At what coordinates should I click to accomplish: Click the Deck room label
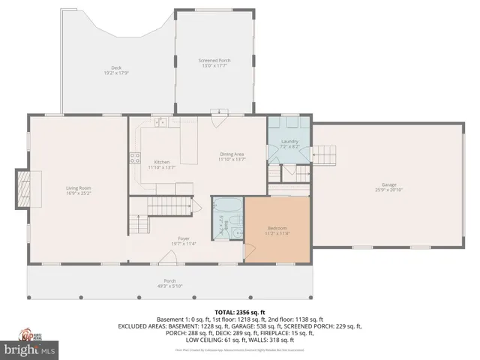click(x=116, y=70)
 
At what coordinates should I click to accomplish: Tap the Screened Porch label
click(x=214, y=63)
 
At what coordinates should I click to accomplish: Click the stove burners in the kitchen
click(x=135, y=157)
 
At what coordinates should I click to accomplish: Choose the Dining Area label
click(x=232, y=156)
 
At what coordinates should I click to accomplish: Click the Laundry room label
click(x=289, y=143)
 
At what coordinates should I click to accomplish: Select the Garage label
click(x=388, y=186)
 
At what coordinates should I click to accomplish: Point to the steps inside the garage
click(x=323, y=156)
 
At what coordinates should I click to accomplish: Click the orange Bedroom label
click(x=277, y=229)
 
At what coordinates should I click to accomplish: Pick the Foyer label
click(x=183, y=241)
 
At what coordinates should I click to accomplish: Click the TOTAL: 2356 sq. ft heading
click(x=240, y=310)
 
